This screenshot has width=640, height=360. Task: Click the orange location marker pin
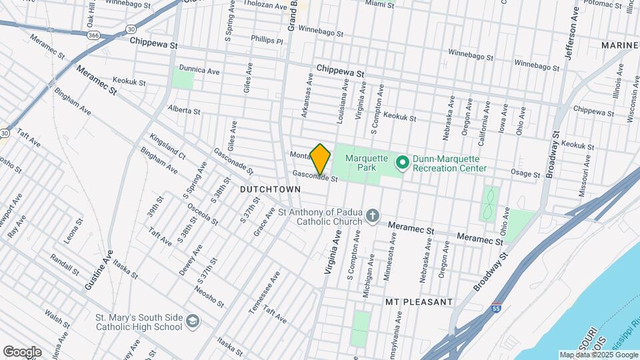click(321, 159)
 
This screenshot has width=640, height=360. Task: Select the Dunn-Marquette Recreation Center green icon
click(402, 163)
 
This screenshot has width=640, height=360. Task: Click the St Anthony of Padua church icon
click(373, 217)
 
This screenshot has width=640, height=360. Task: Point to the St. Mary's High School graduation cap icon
click(192, 321)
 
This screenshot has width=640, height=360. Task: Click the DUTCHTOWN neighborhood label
click(270, 189)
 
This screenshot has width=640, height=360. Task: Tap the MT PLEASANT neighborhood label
click(419, 302)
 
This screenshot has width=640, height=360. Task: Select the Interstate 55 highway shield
click(495, 309)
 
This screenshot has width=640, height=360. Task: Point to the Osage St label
click(525, 174)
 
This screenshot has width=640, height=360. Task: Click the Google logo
click(22, 351)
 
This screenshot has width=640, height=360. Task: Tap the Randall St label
click(65, 265)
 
